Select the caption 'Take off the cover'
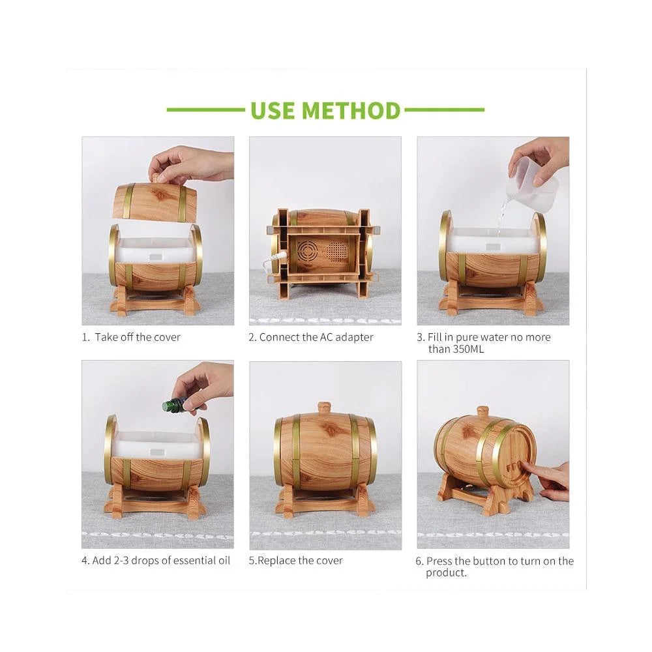point(137,337)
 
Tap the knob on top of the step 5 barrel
point(325,408)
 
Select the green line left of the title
point(205,110)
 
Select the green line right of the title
point(443,110)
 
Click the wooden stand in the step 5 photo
point(325,501)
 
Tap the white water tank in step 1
point(155,250)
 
